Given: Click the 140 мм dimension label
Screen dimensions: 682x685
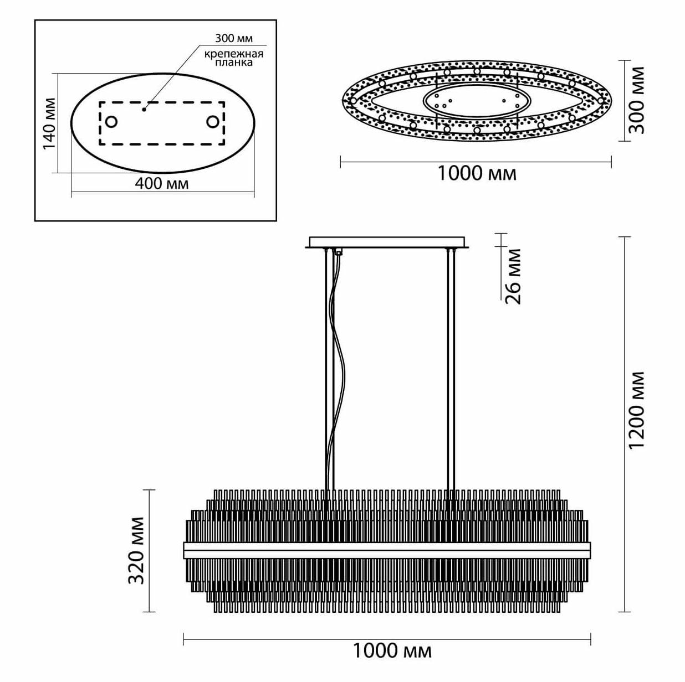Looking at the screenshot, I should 48,123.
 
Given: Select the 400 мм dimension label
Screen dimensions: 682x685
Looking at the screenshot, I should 162,183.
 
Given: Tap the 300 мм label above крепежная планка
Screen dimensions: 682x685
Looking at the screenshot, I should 233,38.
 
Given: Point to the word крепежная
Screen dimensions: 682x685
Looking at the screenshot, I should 233,54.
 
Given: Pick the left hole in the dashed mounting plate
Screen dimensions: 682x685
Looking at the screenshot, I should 111,122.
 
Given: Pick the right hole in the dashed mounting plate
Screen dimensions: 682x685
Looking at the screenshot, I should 213,122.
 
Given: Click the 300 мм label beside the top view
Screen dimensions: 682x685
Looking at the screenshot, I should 638,100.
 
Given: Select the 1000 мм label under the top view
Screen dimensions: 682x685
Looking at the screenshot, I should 477,173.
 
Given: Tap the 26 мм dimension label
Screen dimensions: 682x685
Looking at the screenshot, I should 514,276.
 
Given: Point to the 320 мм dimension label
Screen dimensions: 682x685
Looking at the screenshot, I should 136,550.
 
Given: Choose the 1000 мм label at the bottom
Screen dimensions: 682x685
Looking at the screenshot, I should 392,650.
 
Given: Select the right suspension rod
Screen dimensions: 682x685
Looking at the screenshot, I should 452,371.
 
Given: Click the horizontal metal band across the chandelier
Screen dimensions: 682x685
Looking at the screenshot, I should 387,550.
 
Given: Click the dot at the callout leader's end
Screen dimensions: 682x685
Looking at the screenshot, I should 144,109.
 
